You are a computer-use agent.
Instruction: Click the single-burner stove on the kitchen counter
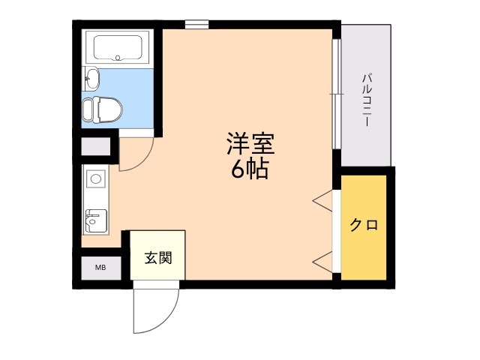[94, 178]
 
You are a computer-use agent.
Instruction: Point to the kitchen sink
[95, 219]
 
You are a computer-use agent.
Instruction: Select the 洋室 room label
[251, 142]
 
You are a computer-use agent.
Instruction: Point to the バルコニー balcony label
[367, 97]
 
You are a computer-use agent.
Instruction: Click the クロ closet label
[364, 224]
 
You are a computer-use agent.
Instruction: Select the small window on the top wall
[196, 24]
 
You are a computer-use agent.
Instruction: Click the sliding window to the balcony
[336, 94]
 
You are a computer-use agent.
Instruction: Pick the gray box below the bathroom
[95, 146]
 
